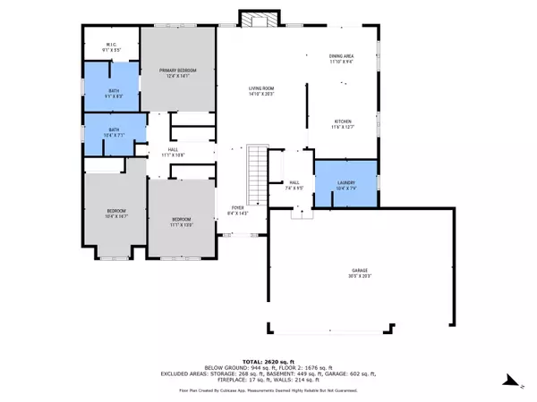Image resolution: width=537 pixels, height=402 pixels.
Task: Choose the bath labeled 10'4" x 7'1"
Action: click(x=114, y=132)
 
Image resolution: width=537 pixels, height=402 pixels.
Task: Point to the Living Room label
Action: click(x=261, y=90)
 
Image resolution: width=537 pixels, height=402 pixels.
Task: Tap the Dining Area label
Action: click(x=341, y=59)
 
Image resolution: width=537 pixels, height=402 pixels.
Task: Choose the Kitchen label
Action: click(x=343, y=124)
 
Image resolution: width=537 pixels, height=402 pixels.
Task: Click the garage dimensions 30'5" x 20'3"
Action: click(x=359, y=278)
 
